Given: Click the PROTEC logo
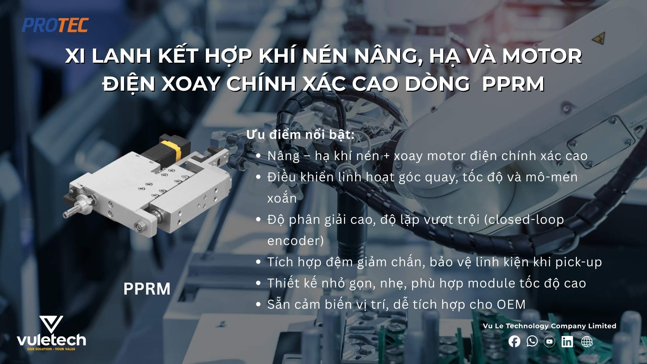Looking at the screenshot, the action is (x=55, y=25).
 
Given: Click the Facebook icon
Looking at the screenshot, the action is (x=514, y=341).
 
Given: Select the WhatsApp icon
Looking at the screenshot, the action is (x=532, y=341).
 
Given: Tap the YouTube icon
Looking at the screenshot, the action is (x=549, y=341).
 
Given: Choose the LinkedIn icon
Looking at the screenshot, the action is (x=567, y=341).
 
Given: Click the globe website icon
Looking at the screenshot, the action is (x=587, y=341).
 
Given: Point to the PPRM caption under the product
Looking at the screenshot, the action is (x=147, y=289).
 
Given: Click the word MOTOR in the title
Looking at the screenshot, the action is (x=542, y=56).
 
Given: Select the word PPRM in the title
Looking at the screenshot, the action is (x=513, y=84).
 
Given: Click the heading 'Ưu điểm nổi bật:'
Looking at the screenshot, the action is (x=300, y=134).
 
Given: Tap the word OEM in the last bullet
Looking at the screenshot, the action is (x=511, y=304).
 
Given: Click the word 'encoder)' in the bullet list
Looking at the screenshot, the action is (x=296, y=241).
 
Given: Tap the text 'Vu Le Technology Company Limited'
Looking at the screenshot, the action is (x=549, y=326).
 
